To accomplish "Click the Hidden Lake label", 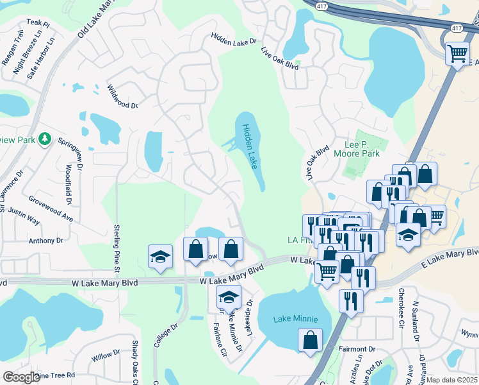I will [250, 147].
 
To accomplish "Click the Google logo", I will [21, 377].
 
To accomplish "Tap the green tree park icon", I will [45, 139].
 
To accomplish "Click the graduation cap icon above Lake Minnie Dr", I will [228, 298].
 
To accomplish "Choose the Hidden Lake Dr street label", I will [234, 40].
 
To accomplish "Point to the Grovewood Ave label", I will [51, 207].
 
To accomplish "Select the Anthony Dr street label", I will [45, 241].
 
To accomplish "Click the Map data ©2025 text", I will [452, 380].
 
